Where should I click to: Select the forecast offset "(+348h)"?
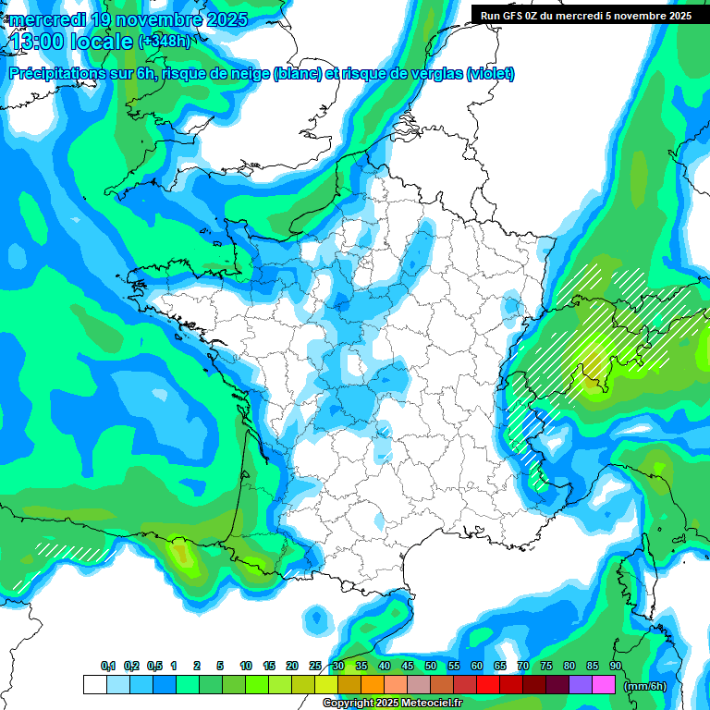164,42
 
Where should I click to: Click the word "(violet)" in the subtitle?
490,74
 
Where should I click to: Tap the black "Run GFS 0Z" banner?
587,15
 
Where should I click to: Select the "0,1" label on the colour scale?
108,667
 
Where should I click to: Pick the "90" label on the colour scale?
615,667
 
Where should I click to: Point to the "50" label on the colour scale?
431,667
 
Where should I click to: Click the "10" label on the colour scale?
246,667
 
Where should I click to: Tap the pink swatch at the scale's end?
604,685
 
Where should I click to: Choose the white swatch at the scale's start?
94,685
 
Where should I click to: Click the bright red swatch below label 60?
488,685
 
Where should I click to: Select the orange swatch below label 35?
373,685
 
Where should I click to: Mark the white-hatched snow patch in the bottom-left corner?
69,553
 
